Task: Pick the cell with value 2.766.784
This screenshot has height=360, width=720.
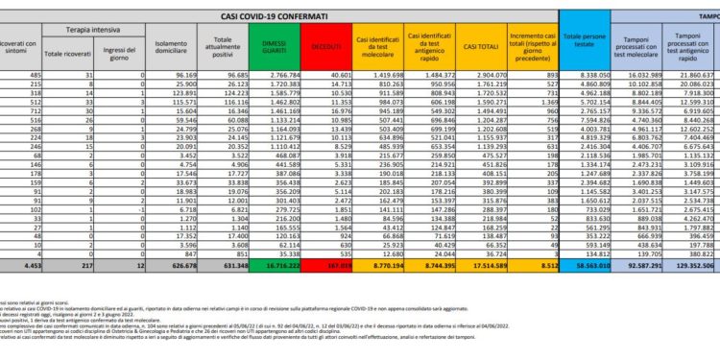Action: coord(269,74)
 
